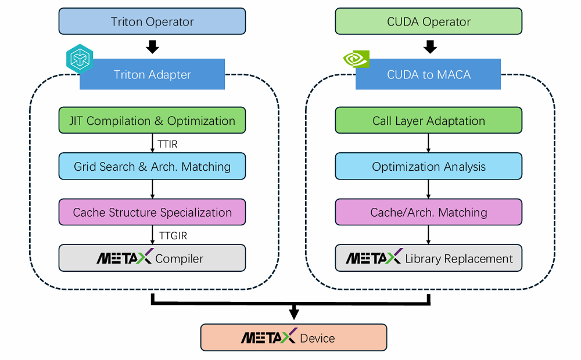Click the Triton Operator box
click(152, 21)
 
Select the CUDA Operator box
click(429, 21)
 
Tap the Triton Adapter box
click(152, 74)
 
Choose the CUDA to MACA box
click(429, 74)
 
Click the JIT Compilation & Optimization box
click(152, 121)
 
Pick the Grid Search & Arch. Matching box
click(152, 167)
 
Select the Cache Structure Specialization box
click(152, 213)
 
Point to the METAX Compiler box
click(152, 258)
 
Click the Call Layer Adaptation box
click(429, 121)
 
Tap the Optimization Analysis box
click(429, 167)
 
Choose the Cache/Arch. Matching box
click(429, 213)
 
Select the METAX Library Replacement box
click(429, 258)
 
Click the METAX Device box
click(293, 337)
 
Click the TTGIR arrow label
click(173, 235)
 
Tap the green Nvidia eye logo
click(355, 59)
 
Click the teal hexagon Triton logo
click(79, 59)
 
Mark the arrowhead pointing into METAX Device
click(293, 314)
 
